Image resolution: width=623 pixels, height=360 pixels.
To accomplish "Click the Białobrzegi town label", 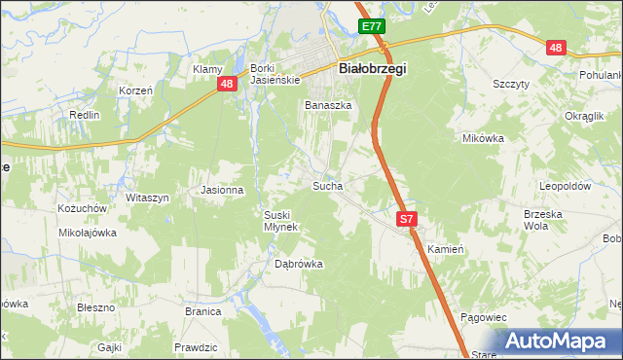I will tap(373, 69).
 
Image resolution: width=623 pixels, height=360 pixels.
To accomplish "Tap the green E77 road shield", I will tap(370, 27).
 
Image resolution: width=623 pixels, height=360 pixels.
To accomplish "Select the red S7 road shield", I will tap(407, 221).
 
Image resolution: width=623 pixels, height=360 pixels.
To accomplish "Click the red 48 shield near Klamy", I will tap(226, 85).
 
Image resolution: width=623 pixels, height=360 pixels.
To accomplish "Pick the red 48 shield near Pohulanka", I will tap(555, 48).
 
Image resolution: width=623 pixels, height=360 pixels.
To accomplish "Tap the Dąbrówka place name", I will tap(298, 264).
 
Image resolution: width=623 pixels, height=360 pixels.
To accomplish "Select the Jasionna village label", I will tap(221, 190).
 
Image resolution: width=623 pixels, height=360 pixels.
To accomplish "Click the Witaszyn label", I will tap(147, 198).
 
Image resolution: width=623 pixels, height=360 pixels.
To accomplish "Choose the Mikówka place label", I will tap(482, 138).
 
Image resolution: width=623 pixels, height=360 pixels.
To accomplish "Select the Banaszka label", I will tap(327, 105).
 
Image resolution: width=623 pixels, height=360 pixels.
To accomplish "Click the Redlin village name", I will tap(85, 115).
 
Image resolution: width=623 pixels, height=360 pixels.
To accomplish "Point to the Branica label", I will tap(203, 311).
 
